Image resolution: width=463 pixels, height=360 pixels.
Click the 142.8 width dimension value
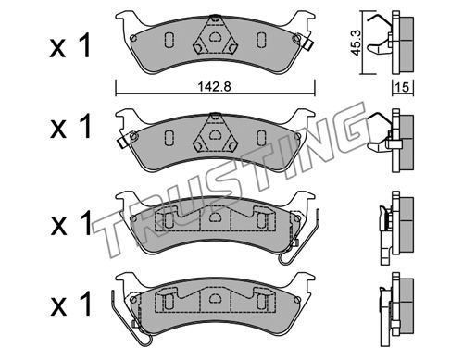[214, 87]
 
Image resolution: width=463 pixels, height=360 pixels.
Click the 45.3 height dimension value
[357, 43]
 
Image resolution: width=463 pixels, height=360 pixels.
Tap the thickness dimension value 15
[402, 87]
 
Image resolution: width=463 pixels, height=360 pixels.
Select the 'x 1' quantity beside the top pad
[70, 46]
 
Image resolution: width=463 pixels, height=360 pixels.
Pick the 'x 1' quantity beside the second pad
[70, 126]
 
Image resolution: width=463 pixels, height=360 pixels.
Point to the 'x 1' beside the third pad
[71, 223]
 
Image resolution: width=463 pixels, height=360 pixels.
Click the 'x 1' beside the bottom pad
[71, 304]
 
